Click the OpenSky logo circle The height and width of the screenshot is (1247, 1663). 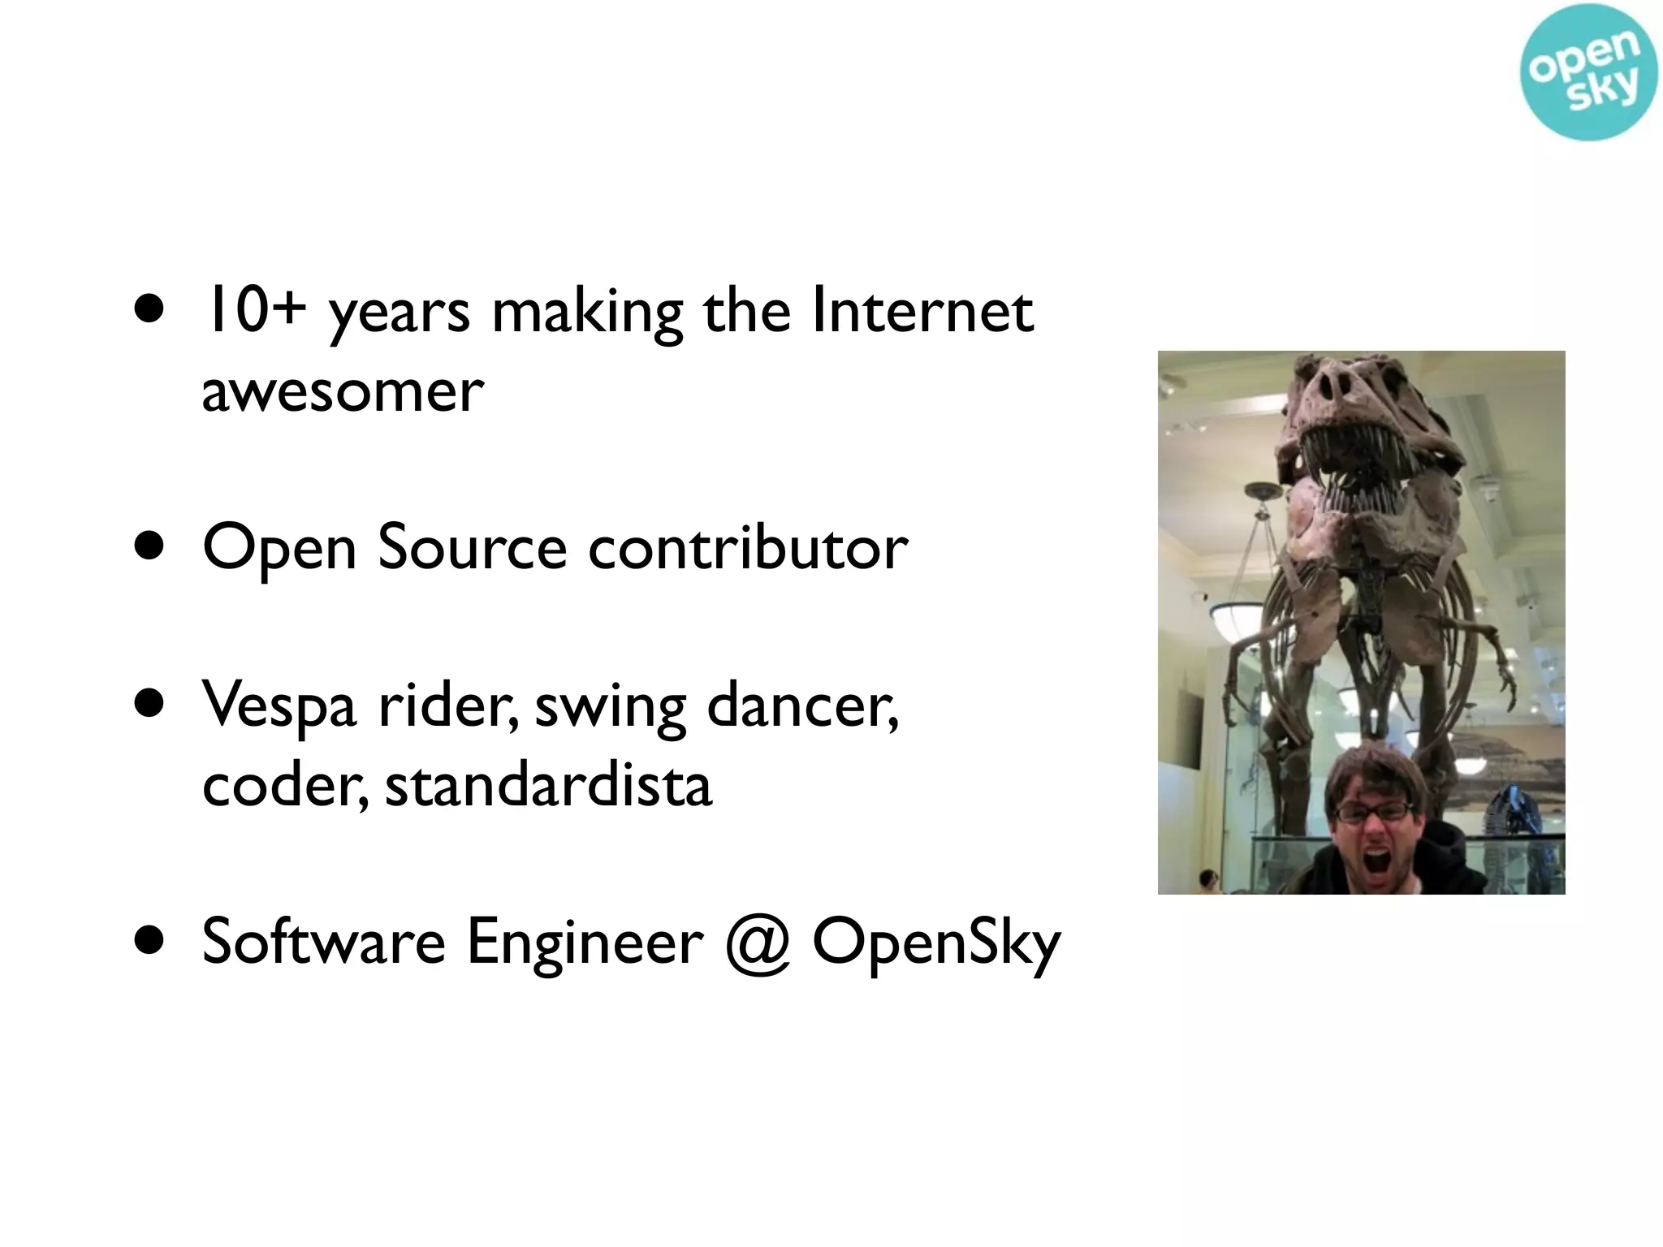pos(1587,72)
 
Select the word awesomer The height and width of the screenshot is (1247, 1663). pos(342,392)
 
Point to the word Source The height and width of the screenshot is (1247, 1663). pos(473,548)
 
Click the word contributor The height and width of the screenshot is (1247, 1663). pos(747,548)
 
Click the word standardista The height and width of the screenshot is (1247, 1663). pos(548,786)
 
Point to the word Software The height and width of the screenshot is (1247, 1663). pos(323,942)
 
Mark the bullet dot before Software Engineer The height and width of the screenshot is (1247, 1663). pos(150,942)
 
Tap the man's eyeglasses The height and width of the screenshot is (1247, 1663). pos(1371,811)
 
